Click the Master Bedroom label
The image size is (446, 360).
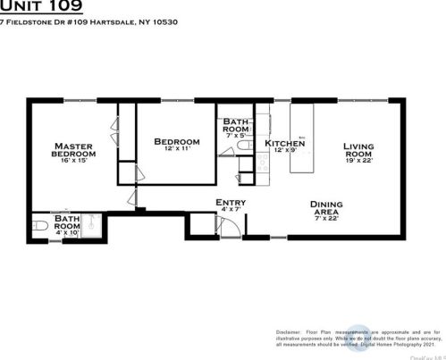[x=74, y=150]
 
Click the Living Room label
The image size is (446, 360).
[x=363, y=150]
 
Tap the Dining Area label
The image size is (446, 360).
[x=326, y=208]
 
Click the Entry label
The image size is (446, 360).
[x=231, y=203]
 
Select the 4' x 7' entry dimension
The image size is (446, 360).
[x=231, y=211]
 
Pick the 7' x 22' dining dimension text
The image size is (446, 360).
[x=326, y=219]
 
